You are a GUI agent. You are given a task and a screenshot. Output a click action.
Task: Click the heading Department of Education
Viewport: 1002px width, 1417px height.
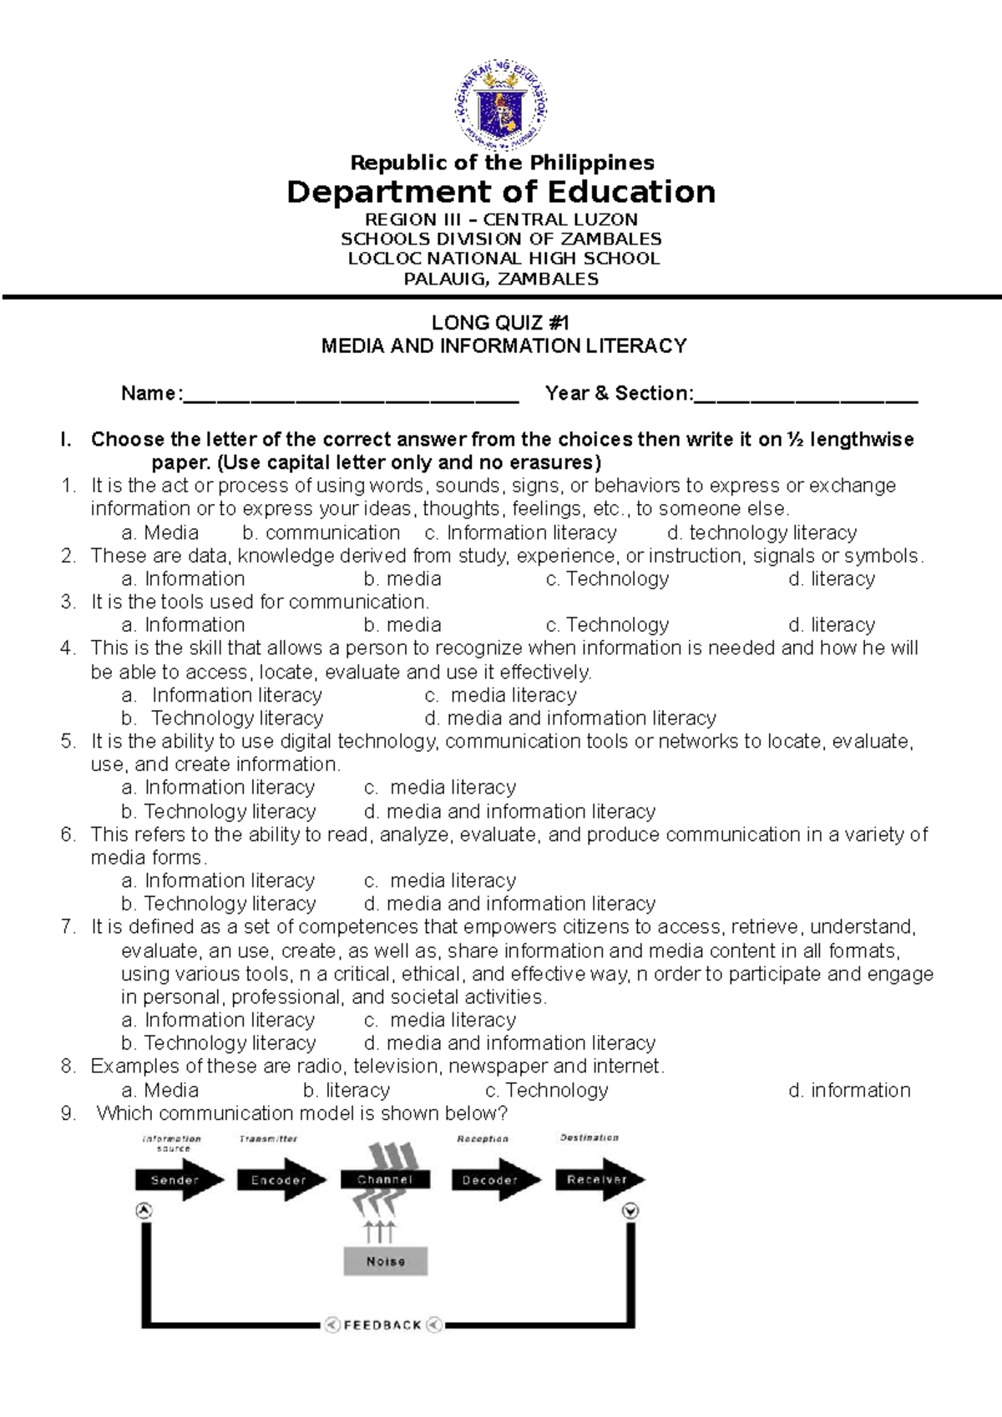tap(501, 193)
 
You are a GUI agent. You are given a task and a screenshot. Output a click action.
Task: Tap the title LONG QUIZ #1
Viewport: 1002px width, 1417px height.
tap(500, 323)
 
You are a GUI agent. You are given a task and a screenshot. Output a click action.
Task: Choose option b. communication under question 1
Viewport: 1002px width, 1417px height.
tap(321, 533)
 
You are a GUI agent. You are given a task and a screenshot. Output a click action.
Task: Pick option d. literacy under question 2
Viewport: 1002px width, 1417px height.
tap(831, 579)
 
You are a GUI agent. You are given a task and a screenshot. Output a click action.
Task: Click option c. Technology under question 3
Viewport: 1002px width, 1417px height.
tap(607, 625)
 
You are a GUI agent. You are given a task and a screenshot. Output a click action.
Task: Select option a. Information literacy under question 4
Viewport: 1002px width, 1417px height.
tap(222, 695)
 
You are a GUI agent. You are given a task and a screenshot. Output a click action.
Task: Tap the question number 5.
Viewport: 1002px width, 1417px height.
tap(68, 742)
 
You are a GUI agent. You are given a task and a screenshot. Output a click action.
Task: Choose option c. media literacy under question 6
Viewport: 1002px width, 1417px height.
tap(440, 881)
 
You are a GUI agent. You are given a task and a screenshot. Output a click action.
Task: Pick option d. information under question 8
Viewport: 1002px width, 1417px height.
tap(849, 1091)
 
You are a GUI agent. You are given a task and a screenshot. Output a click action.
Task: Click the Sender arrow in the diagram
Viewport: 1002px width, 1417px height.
tap(178, 1180)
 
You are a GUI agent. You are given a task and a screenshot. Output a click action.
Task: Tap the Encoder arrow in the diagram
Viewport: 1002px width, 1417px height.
tap(280, 1180)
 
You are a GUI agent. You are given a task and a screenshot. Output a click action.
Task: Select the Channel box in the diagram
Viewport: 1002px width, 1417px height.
tap(385, 1180)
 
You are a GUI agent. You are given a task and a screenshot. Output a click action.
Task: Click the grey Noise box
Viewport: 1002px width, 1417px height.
tap(386, 1261)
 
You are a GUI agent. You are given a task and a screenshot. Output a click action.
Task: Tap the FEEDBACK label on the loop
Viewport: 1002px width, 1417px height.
tap(383, 1324)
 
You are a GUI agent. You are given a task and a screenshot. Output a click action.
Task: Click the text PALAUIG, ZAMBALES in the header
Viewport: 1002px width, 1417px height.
tap(501, 280)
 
